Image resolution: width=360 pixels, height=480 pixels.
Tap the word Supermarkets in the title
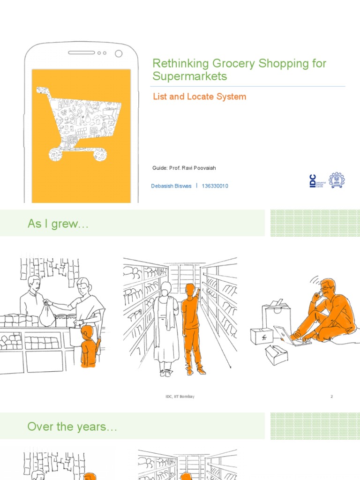[x=190, y=76]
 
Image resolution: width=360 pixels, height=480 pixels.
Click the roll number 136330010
[x=215, y=186]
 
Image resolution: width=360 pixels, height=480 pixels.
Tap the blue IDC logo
[x=313, y=180]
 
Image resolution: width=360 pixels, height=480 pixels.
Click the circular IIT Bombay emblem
[x=336, y=180]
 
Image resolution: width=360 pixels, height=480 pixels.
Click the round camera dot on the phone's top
[x=119, y=53]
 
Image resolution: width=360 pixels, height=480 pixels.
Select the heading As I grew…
[x=58, y=224]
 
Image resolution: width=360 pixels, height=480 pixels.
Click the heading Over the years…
[x=72, y=427]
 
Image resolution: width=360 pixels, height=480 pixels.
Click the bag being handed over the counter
[x=47, y=315]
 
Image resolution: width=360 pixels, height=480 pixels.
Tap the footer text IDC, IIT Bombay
[x=180, y=397]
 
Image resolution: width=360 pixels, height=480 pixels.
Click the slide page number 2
[x=331, y=397]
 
